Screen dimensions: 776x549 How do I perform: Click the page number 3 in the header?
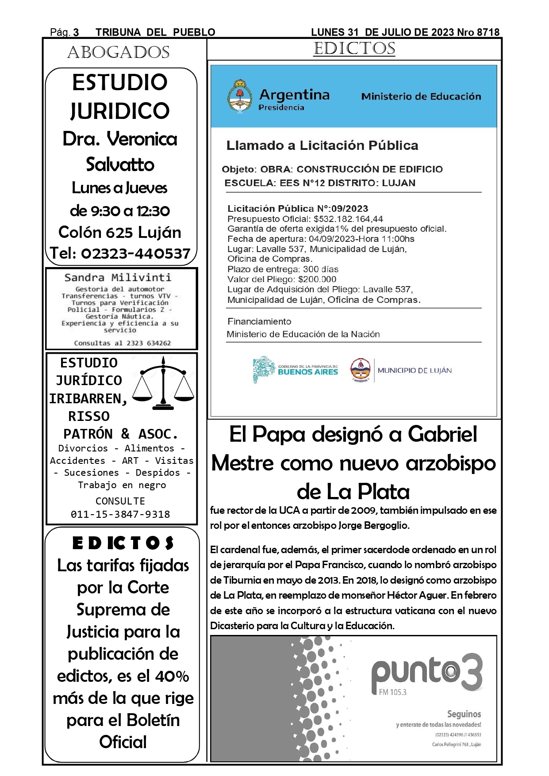pyautogui.click(x=76, y=32)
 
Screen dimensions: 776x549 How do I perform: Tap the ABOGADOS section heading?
pyautogui.click(x=119, y=53)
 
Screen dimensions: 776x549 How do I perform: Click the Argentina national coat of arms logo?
pyautogui.click(x=239, y=97)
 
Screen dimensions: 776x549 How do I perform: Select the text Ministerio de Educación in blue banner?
pyautogui.click(x=421, y=96)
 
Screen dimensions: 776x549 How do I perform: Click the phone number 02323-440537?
pyautogui.click(x=135, y=253)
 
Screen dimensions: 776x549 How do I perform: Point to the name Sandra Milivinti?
pyautogui.click(x=118, y=278)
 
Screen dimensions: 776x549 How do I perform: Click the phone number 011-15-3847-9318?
pyautogui.click(x=120, y=514)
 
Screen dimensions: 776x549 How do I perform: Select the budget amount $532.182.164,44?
pyautogui.click(x=348, y=219)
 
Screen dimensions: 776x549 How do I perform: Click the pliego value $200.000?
pyautogui.click(x=317, y=279)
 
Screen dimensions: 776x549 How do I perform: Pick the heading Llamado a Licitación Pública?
pyautogui.click(x=322, y=145)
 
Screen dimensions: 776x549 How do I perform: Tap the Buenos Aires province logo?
pyautogui.click(x=295, y=370)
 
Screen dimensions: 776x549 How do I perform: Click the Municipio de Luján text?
pyautogui.click(x=415, y=371)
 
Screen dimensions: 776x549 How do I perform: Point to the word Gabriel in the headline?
pyautogui.click(x=442, y=434)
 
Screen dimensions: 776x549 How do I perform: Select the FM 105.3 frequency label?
pyautogui.click(x=392, y=692)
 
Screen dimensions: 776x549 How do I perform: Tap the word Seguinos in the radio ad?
pyautogui.click(x=464, y=714)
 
